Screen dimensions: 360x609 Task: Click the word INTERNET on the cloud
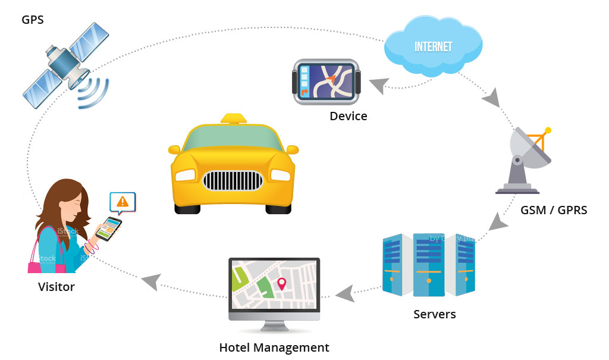tap(433, 46)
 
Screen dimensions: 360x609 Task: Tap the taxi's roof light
tap(234, 118)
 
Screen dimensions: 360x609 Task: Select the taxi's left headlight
tap(185, 174)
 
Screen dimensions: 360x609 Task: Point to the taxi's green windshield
tap(233, 141)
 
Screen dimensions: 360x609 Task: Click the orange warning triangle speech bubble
tap(123, 202)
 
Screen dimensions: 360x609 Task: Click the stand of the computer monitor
tap(274, 325)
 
